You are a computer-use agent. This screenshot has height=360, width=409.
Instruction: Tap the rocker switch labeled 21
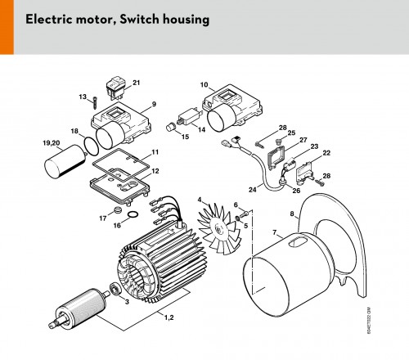pos(116,87)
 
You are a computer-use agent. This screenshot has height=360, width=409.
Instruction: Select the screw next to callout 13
pos(95,103)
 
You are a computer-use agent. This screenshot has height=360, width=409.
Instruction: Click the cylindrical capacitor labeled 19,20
pos(65,161)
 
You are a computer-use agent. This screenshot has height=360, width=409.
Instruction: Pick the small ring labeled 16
pos(133,214)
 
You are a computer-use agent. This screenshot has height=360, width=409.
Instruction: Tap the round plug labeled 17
pos(118,210)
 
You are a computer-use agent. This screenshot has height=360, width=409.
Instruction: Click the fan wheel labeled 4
pos(220,229)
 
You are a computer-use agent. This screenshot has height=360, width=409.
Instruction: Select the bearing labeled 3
pos(115,289)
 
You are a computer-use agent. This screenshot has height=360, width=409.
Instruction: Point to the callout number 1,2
pos(169,317)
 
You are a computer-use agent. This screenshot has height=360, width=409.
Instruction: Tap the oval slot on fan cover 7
pos(298,242)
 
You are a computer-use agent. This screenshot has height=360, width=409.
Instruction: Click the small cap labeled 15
pos(172,127)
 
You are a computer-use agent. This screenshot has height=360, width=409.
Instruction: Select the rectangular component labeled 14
pos(190,117)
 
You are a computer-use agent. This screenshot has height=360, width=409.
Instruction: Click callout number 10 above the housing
pos(204,85)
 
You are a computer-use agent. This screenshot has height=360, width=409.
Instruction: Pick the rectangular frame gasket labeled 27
pos(277,158)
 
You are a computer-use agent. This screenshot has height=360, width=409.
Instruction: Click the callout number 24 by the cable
pos(253,189)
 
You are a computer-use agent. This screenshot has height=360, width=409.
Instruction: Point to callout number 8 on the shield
pos(292,214)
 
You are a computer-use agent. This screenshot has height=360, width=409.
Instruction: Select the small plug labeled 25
pos(277,142)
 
